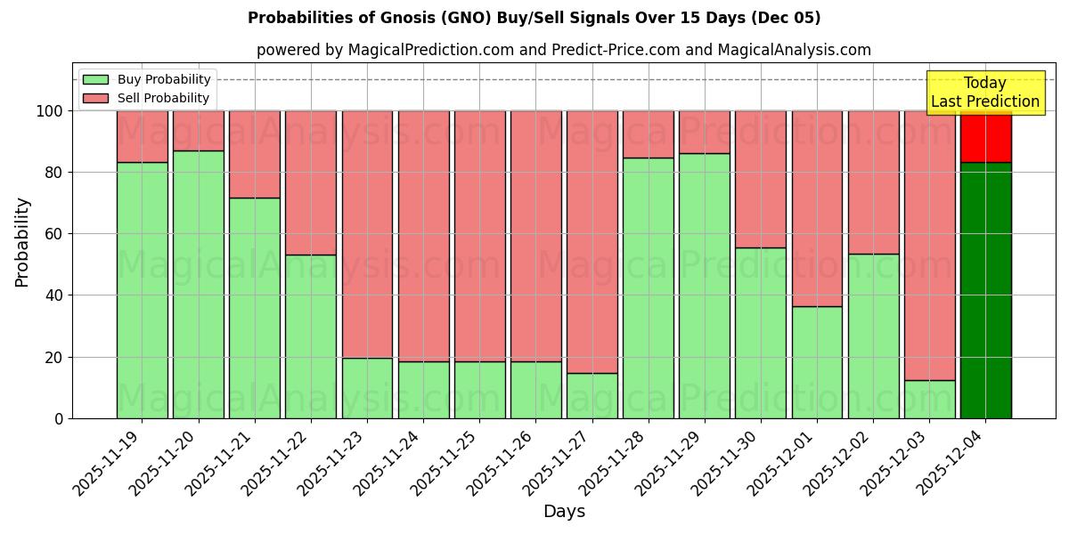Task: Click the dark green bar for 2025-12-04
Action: coord(985,290)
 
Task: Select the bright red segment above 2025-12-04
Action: coord(985,136)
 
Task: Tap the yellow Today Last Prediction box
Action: coord(985,93)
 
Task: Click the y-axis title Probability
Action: coord(23,241)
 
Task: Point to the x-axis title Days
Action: coord(564,512)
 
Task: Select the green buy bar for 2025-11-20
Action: coord(198,284)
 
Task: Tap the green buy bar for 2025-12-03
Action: coord(929,399)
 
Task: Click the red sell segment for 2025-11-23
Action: coord(367,234)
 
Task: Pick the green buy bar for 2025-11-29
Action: coord(704,286)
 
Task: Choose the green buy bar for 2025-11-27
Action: coord(592,395)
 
